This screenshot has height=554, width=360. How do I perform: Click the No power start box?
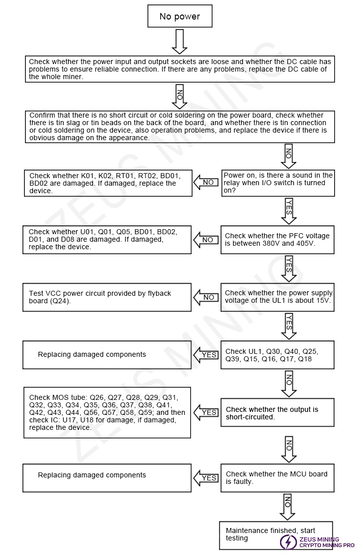pos(179,17)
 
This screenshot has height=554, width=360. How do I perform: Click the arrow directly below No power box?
pos(179,42)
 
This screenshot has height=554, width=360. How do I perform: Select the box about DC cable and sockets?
pos(179,69)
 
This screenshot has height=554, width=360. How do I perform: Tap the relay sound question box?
pos(278,183)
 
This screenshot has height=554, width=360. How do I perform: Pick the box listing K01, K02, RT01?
pos(107,183)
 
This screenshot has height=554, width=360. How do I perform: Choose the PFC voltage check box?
pos(278,239)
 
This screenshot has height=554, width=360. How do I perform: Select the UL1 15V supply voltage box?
pos(278,297)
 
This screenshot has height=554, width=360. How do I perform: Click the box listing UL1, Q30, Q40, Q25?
pos(278,355)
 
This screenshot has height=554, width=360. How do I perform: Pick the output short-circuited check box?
pos(278,413)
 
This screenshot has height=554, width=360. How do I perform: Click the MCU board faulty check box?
pos(278,477)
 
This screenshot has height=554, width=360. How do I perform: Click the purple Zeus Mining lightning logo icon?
pos(288,542)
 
